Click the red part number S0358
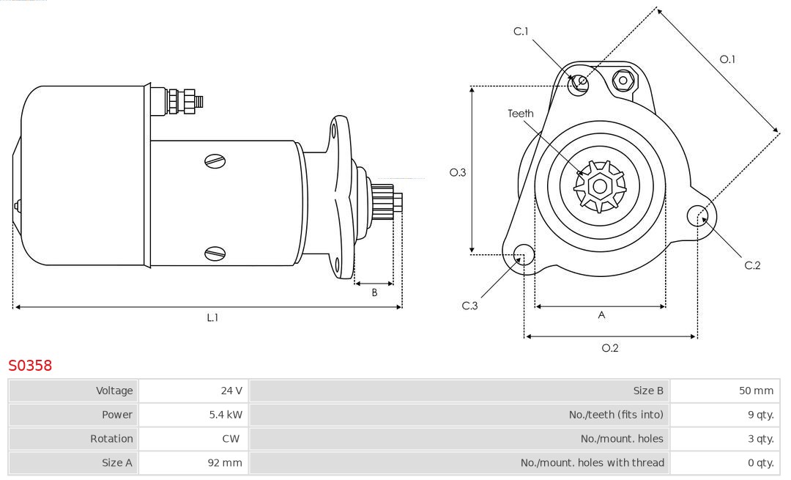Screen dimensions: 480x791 point(30,366)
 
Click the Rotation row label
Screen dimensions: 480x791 point(111,438)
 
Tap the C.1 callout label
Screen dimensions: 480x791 point(521,31)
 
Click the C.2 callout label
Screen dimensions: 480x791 point(753,265)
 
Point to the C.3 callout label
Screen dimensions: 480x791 point(469,306)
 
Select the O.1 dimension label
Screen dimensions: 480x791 point(727,59)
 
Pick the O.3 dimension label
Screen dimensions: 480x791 point(458,172)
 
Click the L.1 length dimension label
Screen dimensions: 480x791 point(212,318)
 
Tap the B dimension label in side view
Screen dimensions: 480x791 point(374,292)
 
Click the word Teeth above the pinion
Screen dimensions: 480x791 point(521,114)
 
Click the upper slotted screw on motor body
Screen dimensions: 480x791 point(215,161)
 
